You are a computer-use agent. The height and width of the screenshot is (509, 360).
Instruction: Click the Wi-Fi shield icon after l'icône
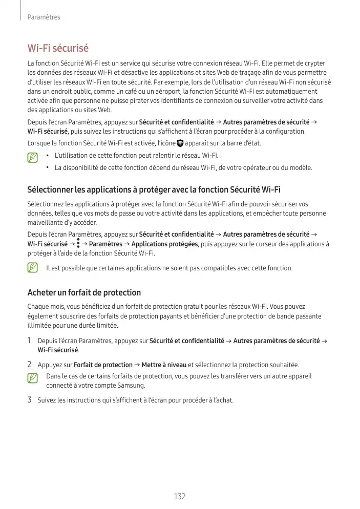pos(180,143)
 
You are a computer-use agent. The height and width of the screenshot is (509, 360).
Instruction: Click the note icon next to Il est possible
pos(33,268)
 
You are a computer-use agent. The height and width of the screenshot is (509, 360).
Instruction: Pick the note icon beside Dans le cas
pos(33,378)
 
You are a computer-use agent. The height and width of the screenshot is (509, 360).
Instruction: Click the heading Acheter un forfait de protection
pos(84,292)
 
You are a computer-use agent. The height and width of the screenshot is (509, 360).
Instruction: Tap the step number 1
pos(30,341)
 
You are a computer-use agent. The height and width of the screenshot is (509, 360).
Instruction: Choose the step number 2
pos(30,365)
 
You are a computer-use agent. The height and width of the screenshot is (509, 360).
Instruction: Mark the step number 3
pos(30,399)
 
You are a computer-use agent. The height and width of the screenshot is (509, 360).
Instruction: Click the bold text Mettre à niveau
pos(164,365)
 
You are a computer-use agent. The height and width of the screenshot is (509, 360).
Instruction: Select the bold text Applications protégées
pos(164,244)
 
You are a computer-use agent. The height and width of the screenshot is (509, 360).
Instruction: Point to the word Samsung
pos(133,386)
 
